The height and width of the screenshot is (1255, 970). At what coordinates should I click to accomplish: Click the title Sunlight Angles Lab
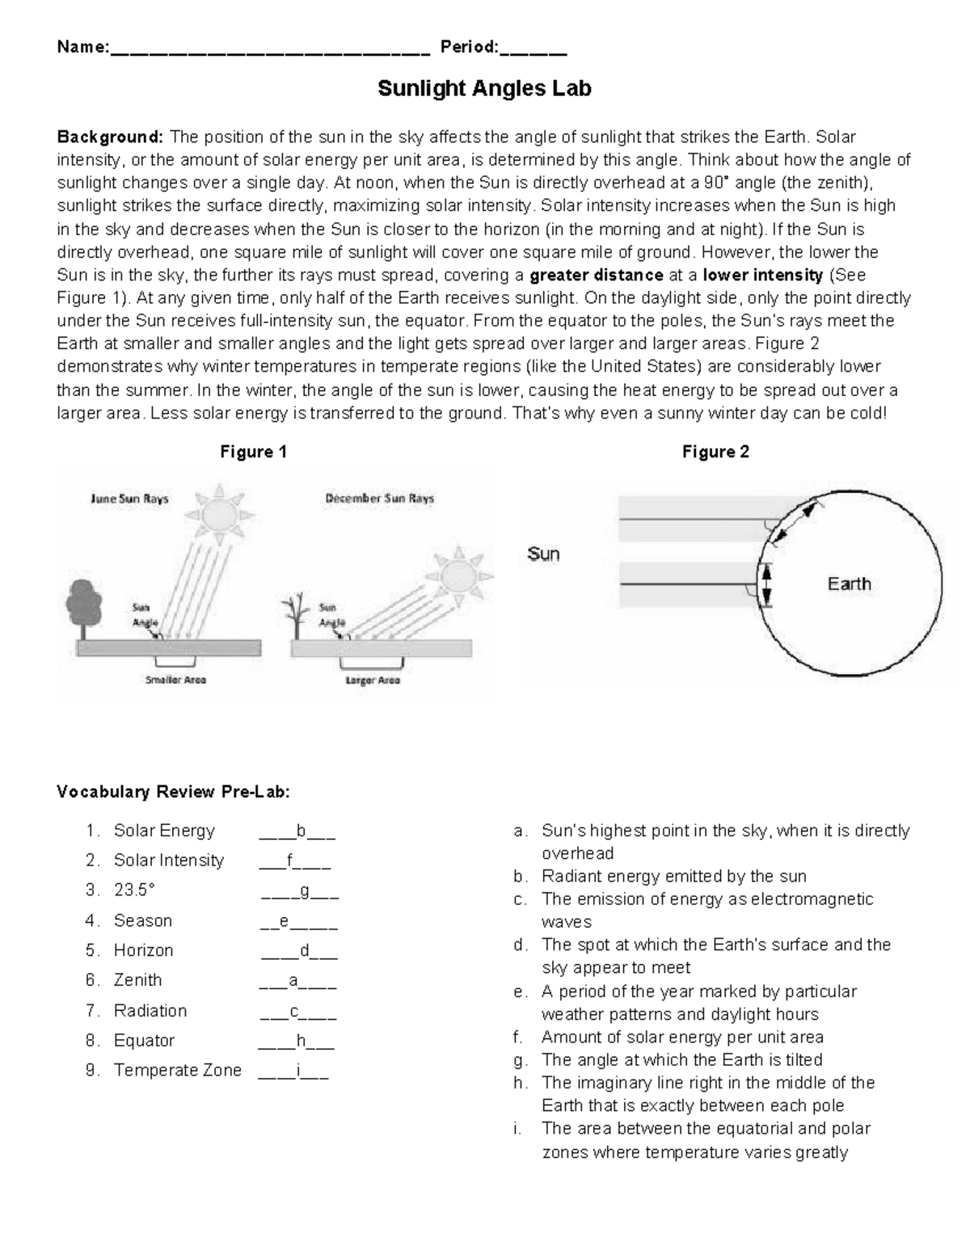click(x=484, y=88)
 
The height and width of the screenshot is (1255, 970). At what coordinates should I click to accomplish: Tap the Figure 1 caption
click(x=253, y=452)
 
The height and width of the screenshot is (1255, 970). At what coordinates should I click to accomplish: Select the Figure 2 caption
click(x=715, y=452)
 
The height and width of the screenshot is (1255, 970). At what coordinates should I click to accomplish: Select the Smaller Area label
click(x=175, y=680)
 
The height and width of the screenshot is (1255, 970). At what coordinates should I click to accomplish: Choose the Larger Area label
click(x=372, y=680)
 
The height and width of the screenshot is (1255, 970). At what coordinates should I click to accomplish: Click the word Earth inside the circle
click(x=849, y=583)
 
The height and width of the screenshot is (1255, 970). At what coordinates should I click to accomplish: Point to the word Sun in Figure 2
click(x=543, y=554)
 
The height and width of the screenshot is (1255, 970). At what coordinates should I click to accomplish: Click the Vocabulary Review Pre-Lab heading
click(x=172, y=791)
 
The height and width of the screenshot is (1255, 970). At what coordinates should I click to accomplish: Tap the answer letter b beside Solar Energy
click(x=301, y=831)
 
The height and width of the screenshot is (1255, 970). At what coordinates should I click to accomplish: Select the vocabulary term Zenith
click(x=137, y=980)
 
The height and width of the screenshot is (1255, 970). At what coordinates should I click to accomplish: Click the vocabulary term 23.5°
click(x=133, y=890)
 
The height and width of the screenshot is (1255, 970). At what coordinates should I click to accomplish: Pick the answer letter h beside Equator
click(x=301, y=1041)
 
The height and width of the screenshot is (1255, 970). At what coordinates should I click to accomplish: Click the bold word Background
click(x=110, y=137)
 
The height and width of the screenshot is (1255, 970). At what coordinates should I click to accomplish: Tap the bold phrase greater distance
click(x=596, y=275)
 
